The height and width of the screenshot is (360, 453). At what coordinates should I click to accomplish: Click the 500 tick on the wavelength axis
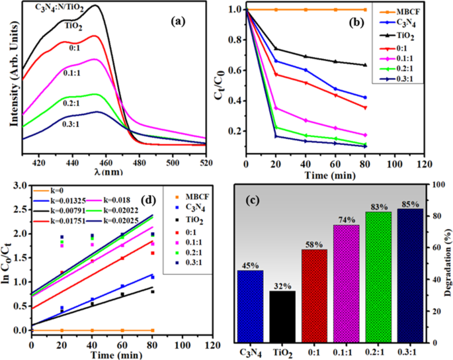(x=173, y=161)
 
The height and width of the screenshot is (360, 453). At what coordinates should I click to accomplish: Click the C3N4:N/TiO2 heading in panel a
(x=45, y=9)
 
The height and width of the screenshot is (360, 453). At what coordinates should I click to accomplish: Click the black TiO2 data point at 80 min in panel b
(x=365, y=65)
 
